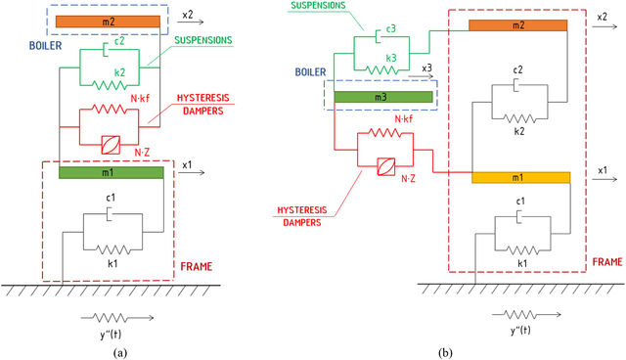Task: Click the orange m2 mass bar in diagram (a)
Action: point(108,22)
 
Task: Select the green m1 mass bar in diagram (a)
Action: point(111,172)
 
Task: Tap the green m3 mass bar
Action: point(383,97)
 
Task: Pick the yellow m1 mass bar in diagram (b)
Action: point(521,178)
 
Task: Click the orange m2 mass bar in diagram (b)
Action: point(517,25)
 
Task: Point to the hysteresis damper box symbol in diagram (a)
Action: point(111,146)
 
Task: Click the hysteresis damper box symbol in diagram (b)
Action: point(386,166)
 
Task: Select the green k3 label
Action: point(391,59)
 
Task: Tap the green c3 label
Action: point(391,28)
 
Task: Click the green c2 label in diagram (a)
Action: point(119,41)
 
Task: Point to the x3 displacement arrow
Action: point(421,76)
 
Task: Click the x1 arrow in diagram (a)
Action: point(194,172)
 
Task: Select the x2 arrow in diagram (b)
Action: point(604,26)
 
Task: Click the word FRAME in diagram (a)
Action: point(197,267)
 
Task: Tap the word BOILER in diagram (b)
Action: point(311,72)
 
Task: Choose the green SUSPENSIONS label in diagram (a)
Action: point(203,40)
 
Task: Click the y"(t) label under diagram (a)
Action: point(111,335)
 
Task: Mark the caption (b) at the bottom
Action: point(445,353)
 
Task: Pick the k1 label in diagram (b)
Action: point(522,263)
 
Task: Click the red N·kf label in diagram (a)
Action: point(140,99)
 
